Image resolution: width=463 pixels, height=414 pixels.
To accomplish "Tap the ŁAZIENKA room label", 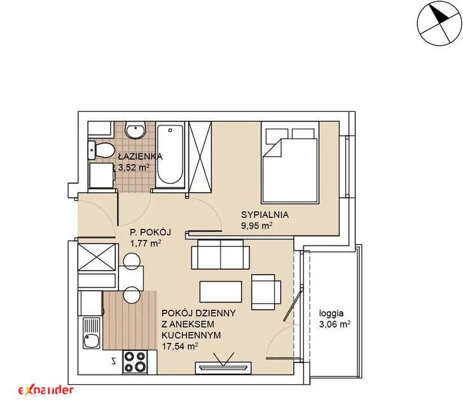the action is pos(140,156).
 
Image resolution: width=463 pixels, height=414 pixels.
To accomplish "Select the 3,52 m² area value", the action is pos(134,167).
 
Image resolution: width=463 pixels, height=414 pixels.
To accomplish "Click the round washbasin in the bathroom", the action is pos(135,130).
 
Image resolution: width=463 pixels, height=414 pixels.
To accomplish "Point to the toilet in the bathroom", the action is pos(101,149).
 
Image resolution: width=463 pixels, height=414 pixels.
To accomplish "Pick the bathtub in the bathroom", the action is pos(170,155).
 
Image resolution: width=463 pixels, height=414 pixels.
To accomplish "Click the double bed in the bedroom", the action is pos(289,162).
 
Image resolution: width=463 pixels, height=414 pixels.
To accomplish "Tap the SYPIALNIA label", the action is pos(265,215).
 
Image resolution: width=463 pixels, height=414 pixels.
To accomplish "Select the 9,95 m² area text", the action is pos(256,226).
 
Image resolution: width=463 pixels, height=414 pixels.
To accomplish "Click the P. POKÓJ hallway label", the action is pos(151,232).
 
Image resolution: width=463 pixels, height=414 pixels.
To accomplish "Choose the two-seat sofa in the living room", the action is pos(220,254).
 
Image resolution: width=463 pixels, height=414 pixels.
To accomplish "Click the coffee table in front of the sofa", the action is pos(221,292).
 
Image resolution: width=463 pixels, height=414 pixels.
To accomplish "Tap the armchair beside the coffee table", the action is pos(266,292).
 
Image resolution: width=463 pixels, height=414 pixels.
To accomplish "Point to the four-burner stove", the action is pos(135,362).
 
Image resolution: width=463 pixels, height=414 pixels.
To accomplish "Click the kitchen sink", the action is pos(92,333).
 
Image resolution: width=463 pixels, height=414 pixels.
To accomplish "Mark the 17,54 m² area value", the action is pos(180,346).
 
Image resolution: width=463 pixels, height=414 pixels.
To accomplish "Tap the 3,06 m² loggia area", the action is pos(335,324).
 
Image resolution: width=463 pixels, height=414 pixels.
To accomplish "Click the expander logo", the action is pos(46,390).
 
